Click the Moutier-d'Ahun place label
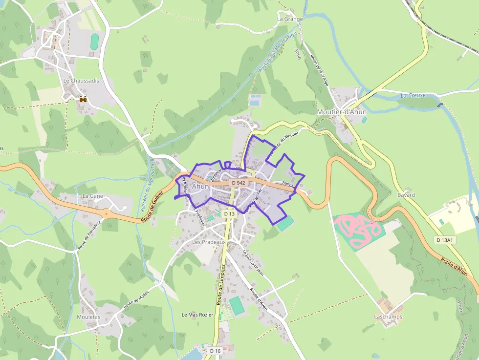(x=342, y=112)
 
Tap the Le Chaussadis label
(x=81, y=81)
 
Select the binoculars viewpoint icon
(x=83, y=99)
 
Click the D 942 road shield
(x=239, y=183)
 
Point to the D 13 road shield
(x=229, y=214)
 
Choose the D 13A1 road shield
(x=445, y=240)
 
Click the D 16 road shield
(x=216, y=351)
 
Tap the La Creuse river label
(x=413, y=95)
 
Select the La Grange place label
(x=290, y=19)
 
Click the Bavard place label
(x=406, y=195)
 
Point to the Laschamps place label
(x=388, y=317)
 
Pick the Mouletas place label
(x=88, y=317)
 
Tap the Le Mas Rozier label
(x=197, y=315)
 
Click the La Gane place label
(x=93, y=196)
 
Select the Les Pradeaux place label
(x=209, y=242)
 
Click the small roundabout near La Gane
(x=106, y=213)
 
